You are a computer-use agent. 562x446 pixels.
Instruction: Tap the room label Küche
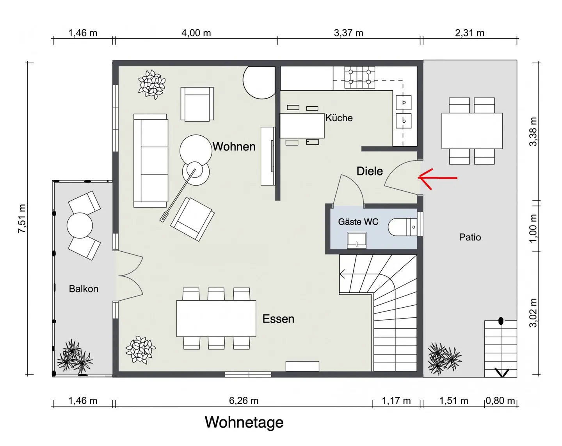[339, 118]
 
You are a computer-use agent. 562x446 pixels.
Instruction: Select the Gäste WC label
[358, 222]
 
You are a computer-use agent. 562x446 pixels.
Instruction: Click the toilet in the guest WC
[402, 227]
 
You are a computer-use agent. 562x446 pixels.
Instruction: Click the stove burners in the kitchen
[359, 77]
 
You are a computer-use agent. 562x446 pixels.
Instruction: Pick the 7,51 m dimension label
[22, 219]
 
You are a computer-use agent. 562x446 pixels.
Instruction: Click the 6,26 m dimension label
[244, 400]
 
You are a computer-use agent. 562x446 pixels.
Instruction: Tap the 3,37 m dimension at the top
[348, 33]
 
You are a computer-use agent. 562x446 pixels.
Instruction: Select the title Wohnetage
[244, 422]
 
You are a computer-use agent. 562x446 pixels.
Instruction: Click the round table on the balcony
[80, 226]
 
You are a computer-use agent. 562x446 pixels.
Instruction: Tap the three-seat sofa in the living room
[151, 161]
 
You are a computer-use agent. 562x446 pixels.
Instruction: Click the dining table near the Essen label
[216, 318]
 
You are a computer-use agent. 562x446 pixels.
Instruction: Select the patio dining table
[471, 131]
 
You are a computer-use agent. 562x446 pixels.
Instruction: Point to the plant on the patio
[444, 358]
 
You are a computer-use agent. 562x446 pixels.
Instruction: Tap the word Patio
[470, 237]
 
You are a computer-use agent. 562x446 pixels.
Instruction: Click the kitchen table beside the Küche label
[302, 125]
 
